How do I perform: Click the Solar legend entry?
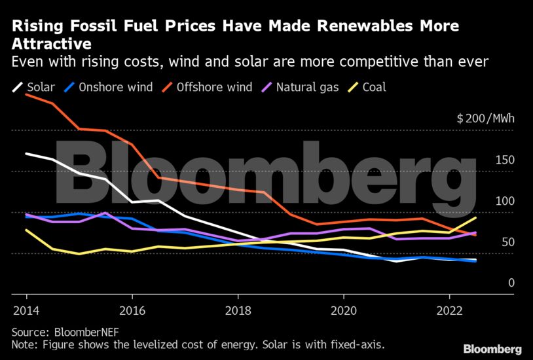coord(33,87)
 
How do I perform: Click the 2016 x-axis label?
coord(132,308)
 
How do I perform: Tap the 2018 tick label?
coord(238,308)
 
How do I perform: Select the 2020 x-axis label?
coord(344,308)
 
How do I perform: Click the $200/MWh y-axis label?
coord(485,119)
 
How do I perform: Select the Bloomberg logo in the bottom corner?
coord(492,349)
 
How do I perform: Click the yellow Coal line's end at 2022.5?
coord(476,217)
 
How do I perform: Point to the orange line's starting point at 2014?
coord(26,95)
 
